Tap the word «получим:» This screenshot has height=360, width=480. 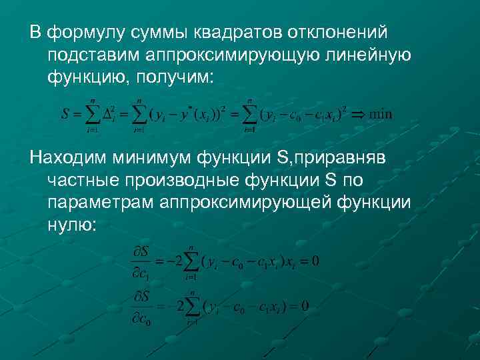pos(174,78)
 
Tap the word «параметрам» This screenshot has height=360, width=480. pos(99,203)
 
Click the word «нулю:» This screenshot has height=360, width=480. pos(71,226)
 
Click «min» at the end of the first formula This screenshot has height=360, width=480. pos(381,114)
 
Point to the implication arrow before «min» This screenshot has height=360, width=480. pos(357,114)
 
